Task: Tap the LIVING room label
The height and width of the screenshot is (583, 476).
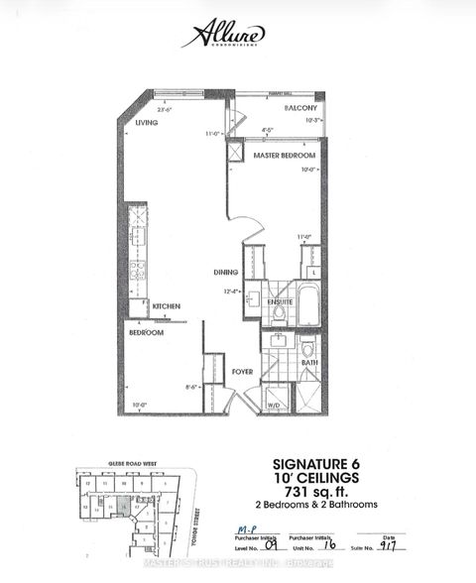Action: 147,123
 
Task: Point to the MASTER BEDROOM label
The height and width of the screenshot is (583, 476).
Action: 285,156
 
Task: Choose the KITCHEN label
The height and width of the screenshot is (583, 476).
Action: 166,308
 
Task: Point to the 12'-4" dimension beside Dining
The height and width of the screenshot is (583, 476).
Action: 232,291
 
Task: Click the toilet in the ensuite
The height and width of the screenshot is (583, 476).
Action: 279,313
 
